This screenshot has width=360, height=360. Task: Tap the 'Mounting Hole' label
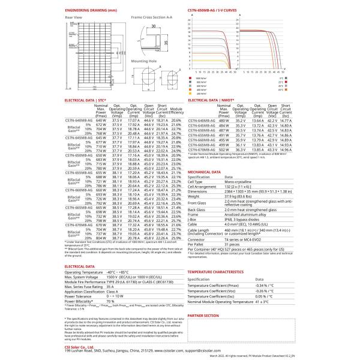point(144,61)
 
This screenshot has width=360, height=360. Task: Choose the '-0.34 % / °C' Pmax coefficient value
point(264,285)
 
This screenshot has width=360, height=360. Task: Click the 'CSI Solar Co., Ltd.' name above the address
point(82,346)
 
